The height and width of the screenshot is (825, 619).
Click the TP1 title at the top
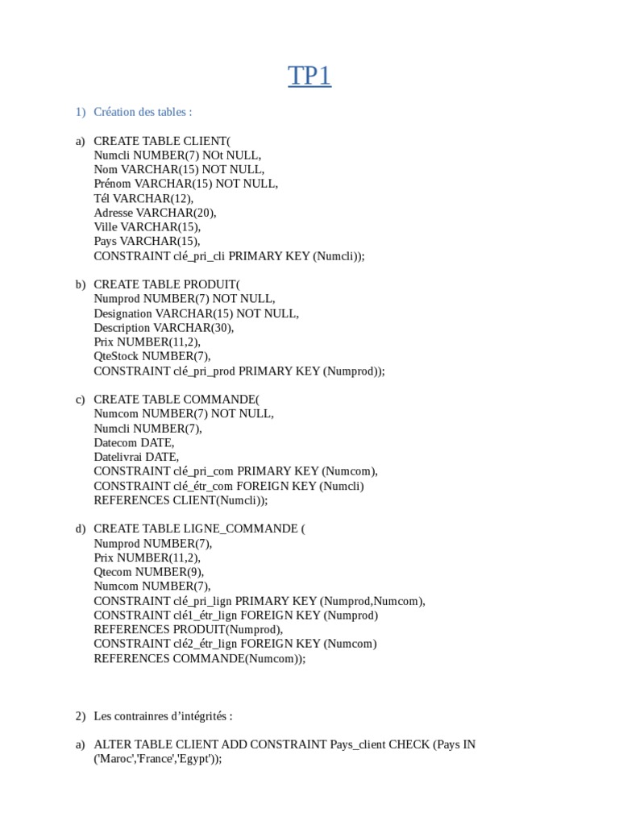coord(309,77)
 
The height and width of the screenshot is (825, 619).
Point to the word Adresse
coord(113,213)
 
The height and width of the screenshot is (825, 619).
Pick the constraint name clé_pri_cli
coord(200,256)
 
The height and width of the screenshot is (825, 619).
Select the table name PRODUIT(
coord(211,284)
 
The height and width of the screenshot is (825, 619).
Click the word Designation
coord(123,313)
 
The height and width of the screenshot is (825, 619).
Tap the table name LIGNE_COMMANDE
coord(241,529)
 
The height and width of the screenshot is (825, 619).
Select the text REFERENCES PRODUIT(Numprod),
coord(189,629)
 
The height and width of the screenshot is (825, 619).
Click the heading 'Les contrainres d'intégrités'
coord(163,715)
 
